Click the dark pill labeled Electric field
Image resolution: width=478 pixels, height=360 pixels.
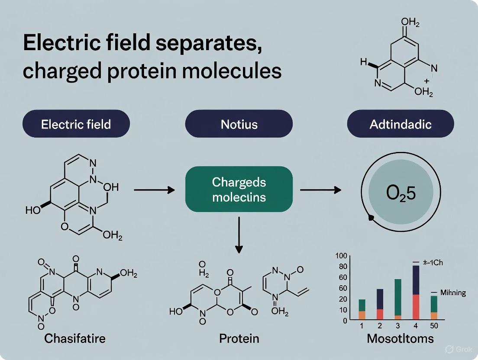[76, 124]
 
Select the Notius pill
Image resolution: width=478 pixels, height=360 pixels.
[239, 124]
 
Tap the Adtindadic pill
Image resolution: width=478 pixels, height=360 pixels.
[400, 124]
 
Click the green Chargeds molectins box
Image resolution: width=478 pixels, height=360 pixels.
[239, 189]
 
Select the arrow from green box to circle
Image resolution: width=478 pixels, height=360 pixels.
[321, 190]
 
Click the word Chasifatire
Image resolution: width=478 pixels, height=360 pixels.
[74, 338]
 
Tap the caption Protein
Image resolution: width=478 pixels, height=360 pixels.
[239, 338]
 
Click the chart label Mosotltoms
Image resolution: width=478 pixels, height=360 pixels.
[400, 338]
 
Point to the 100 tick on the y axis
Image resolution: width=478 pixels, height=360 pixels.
[341, 256]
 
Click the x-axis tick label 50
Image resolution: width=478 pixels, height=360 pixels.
[433, 326]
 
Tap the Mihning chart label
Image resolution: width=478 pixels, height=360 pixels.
[452, 292]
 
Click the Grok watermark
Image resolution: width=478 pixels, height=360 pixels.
[455, 349]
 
